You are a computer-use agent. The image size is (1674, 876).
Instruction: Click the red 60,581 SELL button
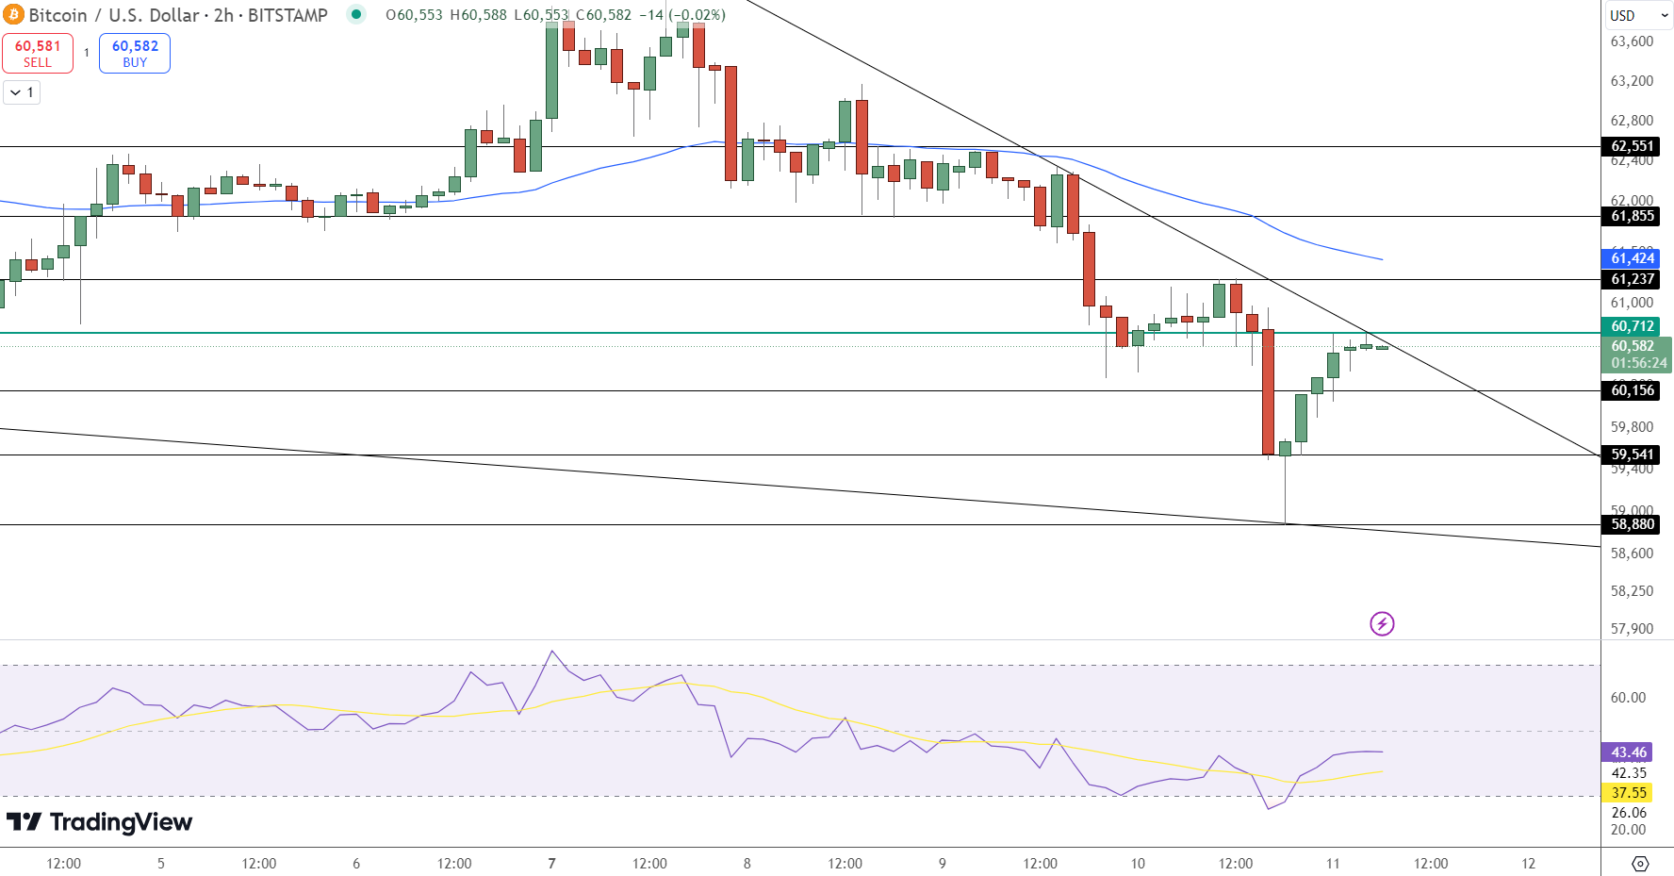[x=38, y=53]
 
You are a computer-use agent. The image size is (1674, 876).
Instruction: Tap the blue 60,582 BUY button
[x=135, y=53]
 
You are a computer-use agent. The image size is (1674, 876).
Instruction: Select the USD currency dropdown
[x=1638, y=15]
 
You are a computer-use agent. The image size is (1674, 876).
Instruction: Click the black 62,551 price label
[x=1632, y=146]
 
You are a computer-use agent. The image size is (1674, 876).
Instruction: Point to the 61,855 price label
[x=1632, y=216]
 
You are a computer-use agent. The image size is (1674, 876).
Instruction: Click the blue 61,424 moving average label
[x=1632, y=258]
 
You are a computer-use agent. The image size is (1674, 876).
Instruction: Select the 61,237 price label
[x=1632, y=279]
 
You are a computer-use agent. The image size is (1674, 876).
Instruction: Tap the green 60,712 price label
[x=1632, y=326]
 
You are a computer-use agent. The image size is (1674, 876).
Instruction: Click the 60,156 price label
[x=1632, y=390]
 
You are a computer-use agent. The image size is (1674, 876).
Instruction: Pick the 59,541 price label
[x=1632, y=455]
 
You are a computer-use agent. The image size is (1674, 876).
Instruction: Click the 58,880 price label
[x=1632, y=524]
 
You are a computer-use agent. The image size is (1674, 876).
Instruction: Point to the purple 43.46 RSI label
[x=1628, y=752]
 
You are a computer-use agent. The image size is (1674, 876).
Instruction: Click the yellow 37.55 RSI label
[x=1628, y=793]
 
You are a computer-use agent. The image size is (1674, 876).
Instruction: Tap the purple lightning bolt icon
[x=1382, y=623]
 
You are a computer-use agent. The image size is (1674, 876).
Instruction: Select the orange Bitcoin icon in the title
[x=13, y=15]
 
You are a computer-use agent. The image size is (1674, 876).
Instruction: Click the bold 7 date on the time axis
[x=551, y=863]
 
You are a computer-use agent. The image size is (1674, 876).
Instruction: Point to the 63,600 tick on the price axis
[x=1632, y=41]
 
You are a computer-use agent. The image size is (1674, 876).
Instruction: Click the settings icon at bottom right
[x=1640, y=864]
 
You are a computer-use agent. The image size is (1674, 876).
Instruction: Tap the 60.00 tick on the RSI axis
[x=1628, y=698]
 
